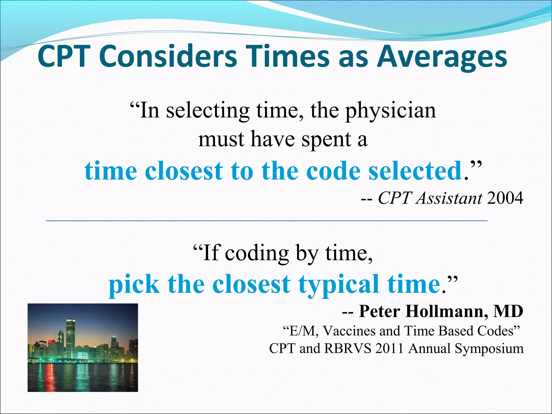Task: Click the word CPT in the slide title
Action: tap(64, 57)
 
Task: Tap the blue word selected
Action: tap(415, 171)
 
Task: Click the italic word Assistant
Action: tap(449, 198)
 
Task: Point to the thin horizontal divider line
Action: tap(267, 221)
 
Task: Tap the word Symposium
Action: tap(489, 349)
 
